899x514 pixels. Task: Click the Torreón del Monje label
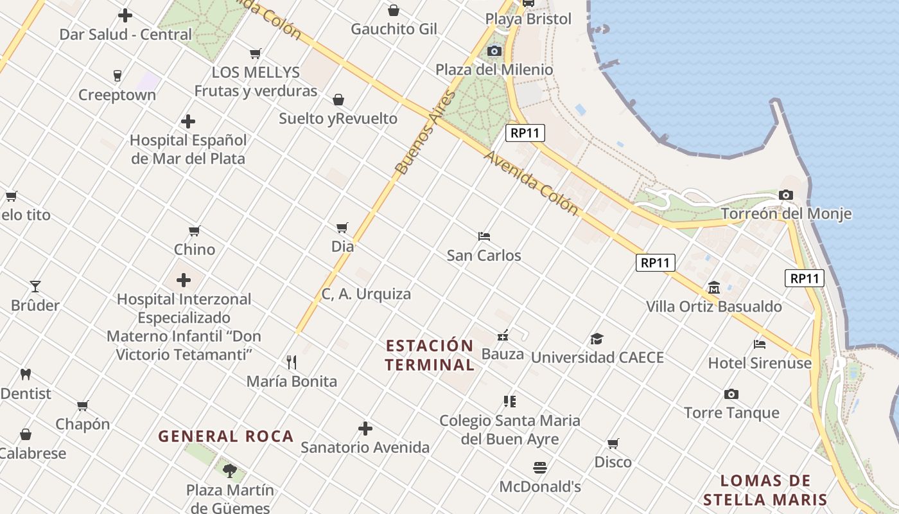point(786,214)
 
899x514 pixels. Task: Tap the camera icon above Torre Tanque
point(731,394)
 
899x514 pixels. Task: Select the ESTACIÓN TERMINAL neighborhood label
point(430,355)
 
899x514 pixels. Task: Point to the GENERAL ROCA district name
point(226,436)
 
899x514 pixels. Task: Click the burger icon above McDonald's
point(539,468)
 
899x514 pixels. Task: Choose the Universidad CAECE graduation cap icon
point(597,339)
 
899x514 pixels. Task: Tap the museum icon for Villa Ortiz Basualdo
point(713,287)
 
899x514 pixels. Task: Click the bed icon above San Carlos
point(484,236)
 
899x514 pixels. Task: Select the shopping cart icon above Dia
point(342,227)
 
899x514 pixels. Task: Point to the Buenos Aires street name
point(425,133)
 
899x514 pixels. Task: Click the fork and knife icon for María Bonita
point(292,362)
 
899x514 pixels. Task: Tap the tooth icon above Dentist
point(26,374)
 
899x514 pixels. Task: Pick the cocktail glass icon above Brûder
point(35,287)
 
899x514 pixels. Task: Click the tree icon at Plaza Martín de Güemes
point(230,471)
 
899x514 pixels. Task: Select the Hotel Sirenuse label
point(760,363)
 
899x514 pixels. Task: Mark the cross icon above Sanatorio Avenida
point(365,429)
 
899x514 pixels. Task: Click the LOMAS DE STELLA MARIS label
point(765,490)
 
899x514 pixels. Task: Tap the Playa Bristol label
point(528,19)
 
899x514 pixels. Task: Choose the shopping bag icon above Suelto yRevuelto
point(338,100)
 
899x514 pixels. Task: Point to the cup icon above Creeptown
point(117,76)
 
